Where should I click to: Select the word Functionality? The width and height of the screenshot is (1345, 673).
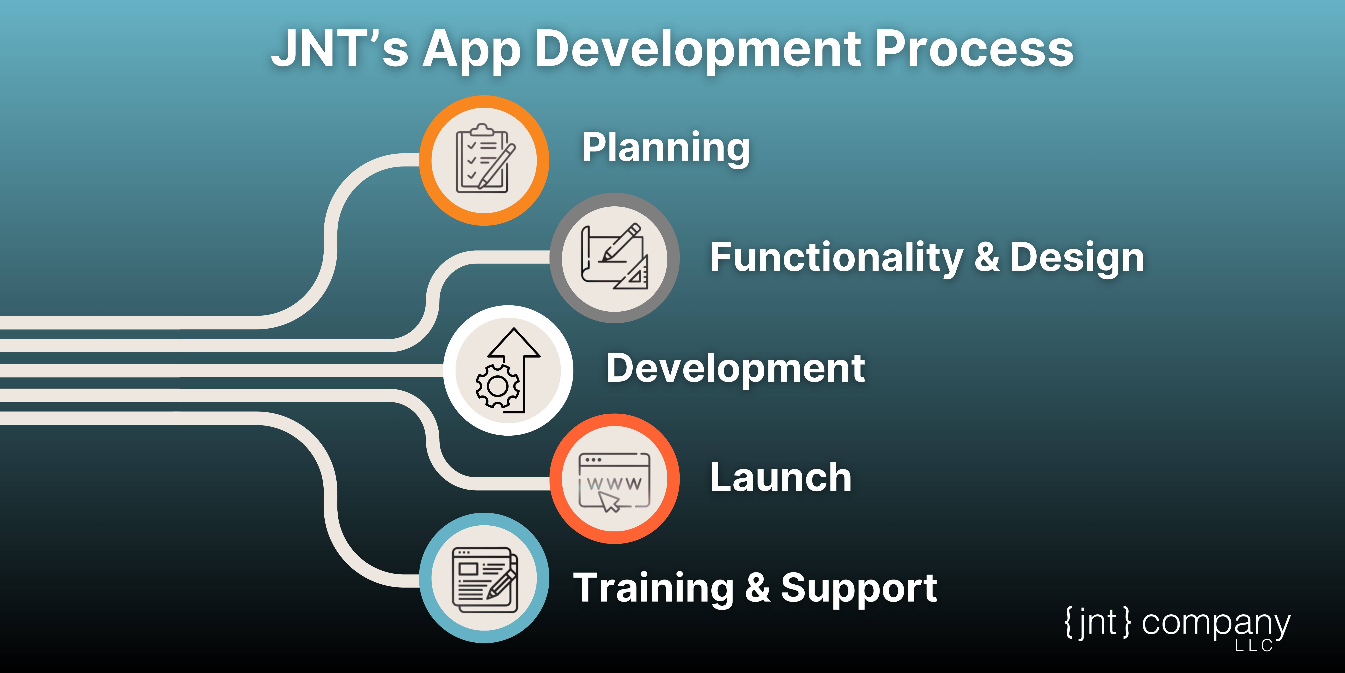tap(837, 258)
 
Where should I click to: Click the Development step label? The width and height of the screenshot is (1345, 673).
tap(735, 368)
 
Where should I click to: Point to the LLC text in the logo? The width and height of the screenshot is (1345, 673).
tap(1254, 646)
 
